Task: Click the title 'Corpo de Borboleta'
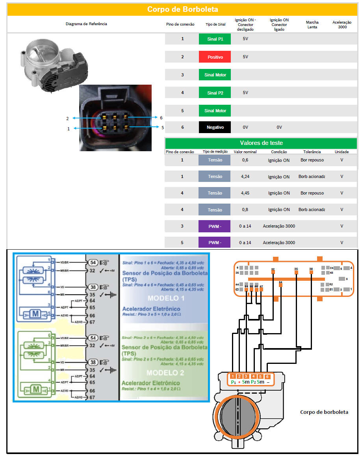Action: pos(182,9)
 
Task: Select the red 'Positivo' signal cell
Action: pos(215,57)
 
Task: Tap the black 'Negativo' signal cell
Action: pos(215,127)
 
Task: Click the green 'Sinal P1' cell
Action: pos(215,39)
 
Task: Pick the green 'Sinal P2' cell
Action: pos(215,93)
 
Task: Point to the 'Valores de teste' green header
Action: pos(261,143)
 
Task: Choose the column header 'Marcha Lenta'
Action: pos(312,24)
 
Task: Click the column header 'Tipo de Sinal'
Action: pos(215,24)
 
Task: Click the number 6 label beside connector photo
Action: pos(161,118)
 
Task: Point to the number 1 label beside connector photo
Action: pos(69,128)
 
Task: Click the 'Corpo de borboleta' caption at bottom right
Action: pos(324,412)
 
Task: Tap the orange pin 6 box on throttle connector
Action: pos(267,376)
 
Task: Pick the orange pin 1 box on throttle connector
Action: pos(233,376)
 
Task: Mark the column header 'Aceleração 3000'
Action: pos(342,24)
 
